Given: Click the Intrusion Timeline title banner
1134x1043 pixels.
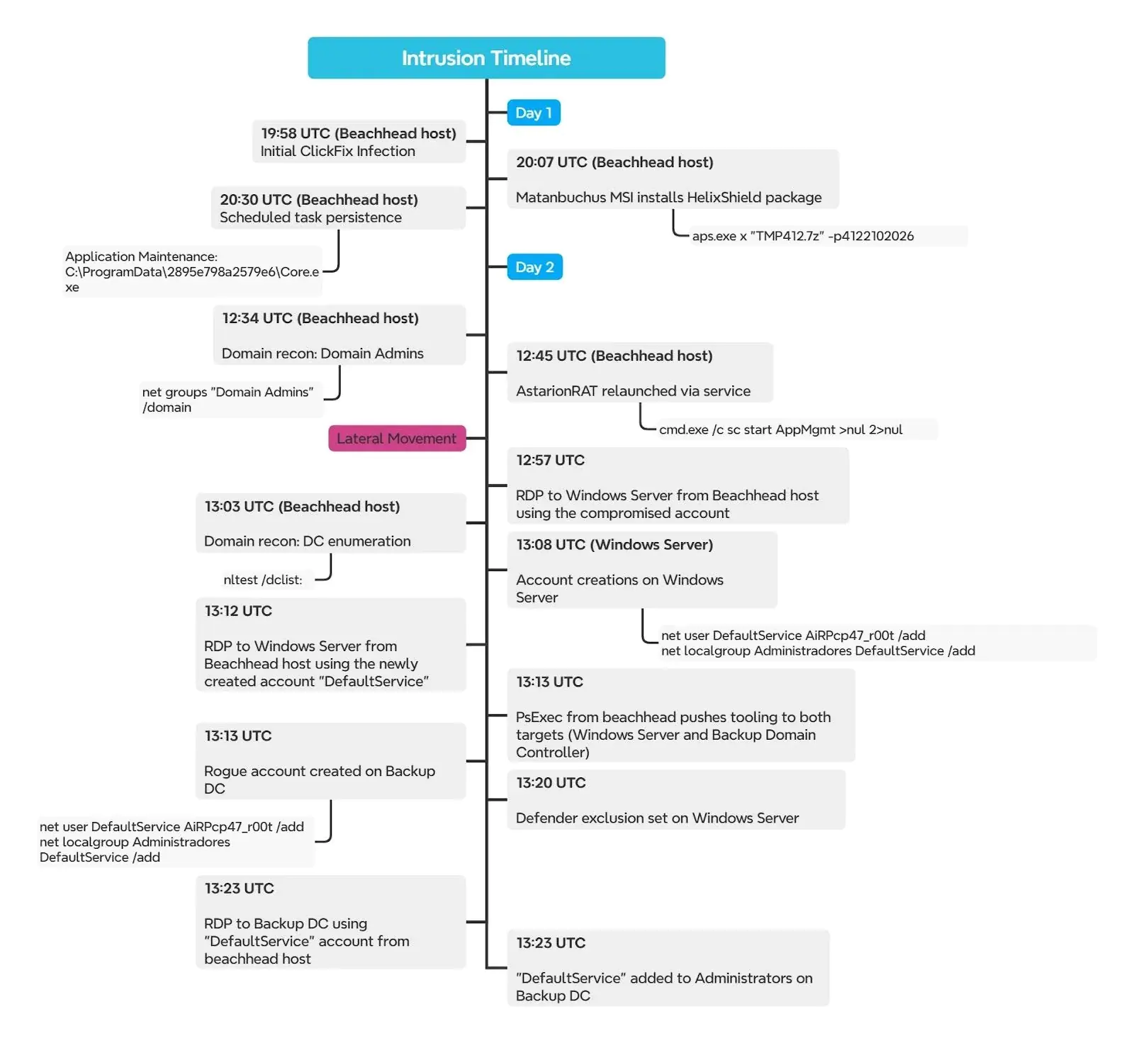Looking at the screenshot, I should click(x=486, y=58).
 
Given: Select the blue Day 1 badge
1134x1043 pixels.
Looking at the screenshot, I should click(x=534, y=113).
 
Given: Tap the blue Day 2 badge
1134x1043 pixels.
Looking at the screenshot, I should click(x=534, y=267).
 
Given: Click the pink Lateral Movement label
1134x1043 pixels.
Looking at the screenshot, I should click(x=396, y=439).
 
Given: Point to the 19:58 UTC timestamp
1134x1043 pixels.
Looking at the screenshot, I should click(x=296, y=133).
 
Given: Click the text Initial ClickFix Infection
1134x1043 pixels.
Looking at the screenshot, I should click(x=337, y=151).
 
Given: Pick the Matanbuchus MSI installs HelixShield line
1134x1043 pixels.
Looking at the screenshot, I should click(x=668, y=197).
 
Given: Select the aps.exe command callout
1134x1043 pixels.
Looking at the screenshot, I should click(x=802, y=236).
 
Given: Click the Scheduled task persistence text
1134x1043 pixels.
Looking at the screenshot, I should click(x=310, y=218).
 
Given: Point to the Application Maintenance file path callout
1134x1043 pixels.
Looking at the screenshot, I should click(x=191, y=271).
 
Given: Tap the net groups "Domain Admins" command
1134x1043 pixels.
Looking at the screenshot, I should click(x=228, y=399).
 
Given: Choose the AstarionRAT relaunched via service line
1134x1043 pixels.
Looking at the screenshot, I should click(x=633, y=391).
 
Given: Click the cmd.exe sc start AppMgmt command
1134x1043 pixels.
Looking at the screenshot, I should click(x=780, y=429).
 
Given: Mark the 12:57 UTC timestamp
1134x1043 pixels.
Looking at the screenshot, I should click(x=550, y=461).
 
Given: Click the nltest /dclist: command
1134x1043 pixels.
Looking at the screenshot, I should click(x=263, y=580).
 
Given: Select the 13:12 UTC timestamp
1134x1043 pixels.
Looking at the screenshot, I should click(x=238, y=611).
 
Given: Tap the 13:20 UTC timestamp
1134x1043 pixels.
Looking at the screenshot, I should click(x=551, y=783).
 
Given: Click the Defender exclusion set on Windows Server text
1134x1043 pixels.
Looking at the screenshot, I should click(x=657, y=818).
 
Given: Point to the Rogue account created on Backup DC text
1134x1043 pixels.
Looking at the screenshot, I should click(x=319, y=779).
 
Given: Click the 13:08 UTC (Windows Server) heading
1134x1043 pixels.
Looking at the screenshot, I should click(x=614, y=545).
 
